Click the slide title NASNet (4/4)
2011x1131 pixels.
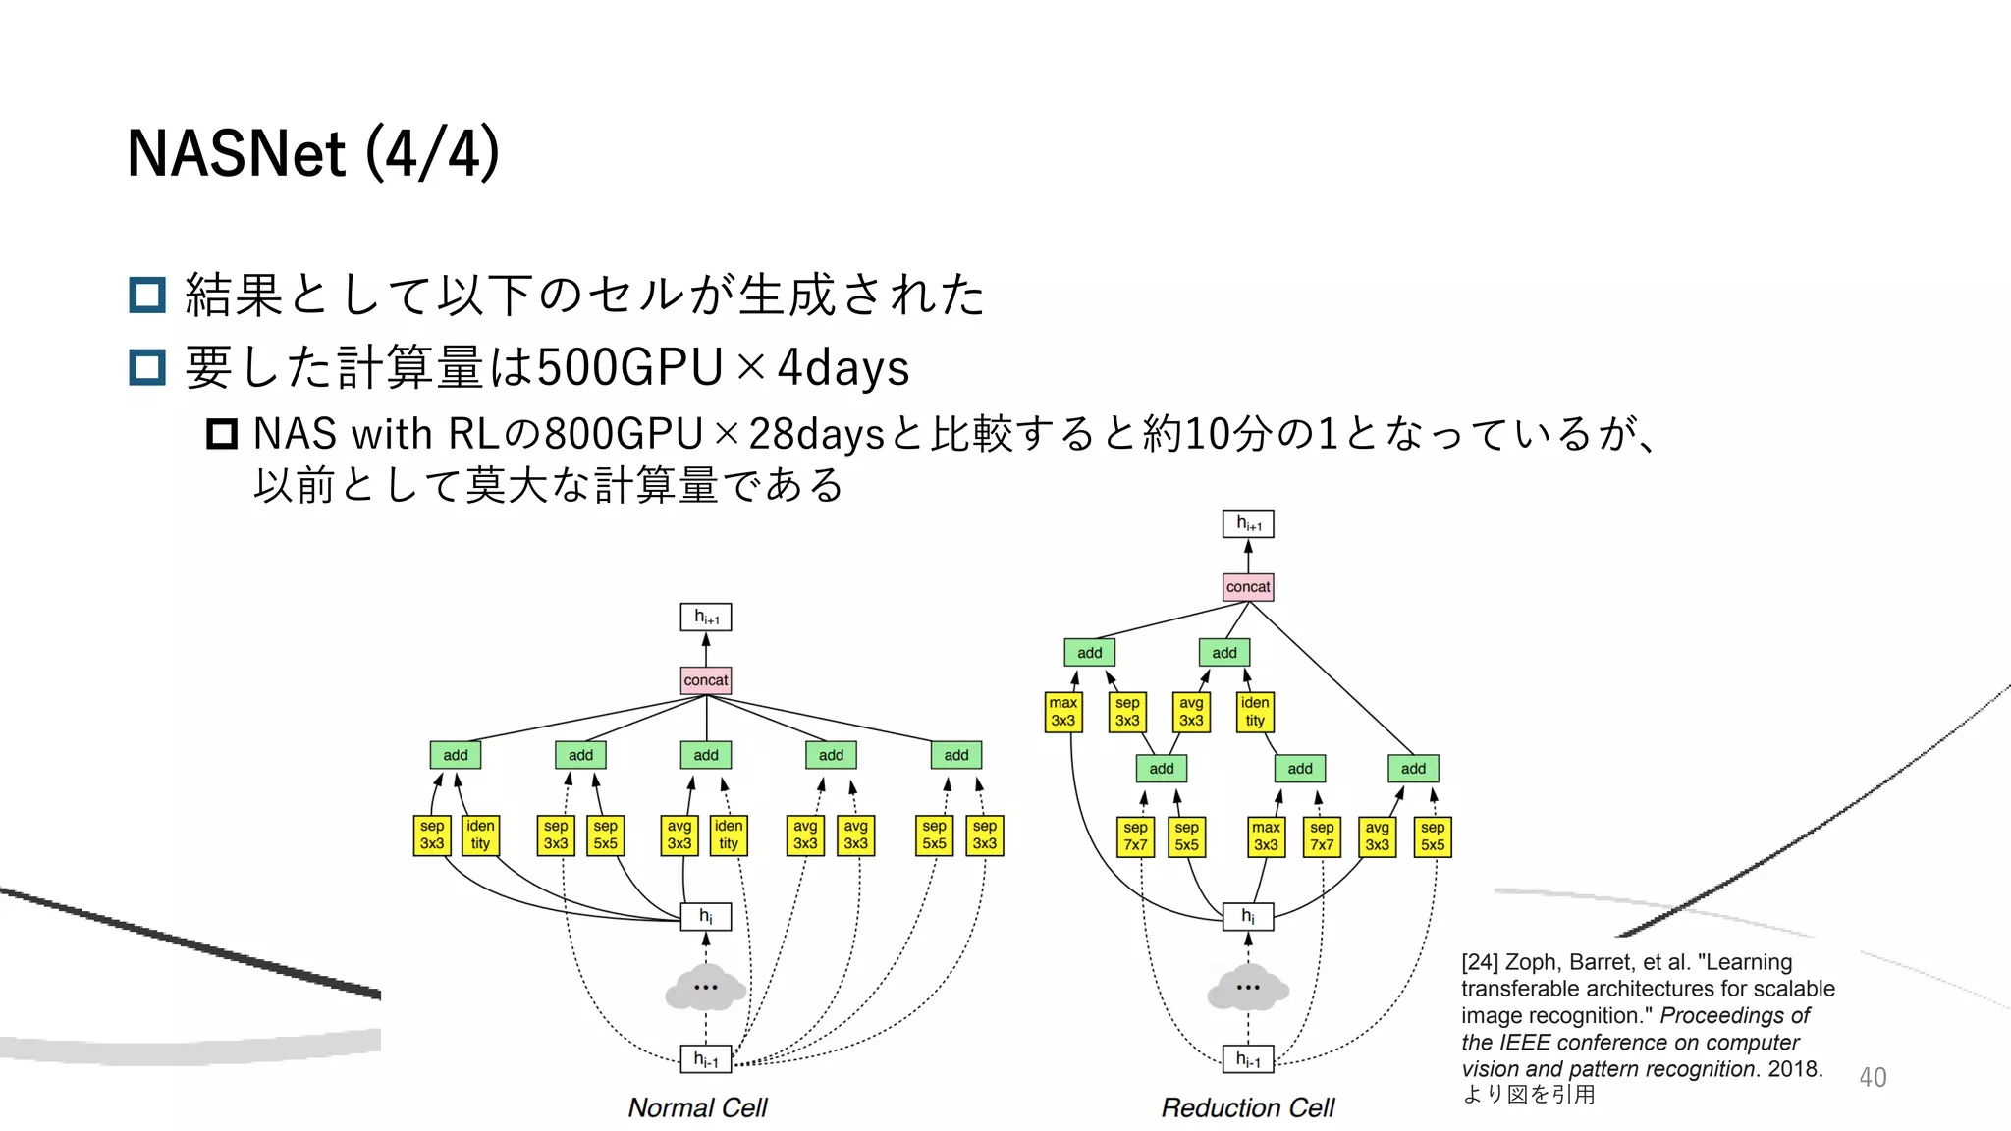pos(313,153)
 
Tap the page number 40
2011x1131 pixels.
pos(1872,1077)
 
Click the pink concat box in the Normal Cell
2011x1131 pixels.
pos(705,680)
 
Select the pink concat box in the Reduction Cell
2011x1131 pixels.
pos(1247,587)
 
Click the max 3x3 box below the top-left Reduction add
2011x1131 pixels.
pos(1062,712)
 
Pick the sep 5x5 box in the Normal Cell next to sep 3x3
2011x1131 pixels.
pos(605,835)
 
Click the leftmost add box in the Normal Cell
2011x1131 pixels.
pos(455,755)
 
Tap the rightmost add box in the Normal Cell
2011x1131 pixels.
pos(955,755)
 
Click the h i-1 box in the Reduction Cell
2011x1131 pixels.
pos(1247,1059)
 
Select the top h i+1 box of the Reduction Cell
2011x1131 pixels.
pos(1247,523)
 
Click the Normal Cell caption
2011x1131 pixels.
pos(697,1107)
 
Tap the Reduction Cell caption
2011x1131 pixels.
pos(1247,1107)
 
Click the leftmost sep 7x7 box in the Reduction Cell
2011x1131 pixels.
pos(1135,836)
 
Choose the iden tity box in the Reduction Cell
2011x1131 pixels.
pos(1255,712)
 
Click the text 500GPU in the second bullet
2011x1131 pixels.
pos(629,367)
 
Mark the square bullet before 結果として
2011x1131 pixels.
pos(147,295)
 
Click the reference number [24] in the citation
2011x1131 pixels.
pos(1480,962)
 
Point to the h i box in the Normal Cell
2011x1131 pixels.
pos(705,916)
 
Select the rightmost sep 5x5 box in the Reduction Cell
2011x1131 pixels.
pos(1432,836)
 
